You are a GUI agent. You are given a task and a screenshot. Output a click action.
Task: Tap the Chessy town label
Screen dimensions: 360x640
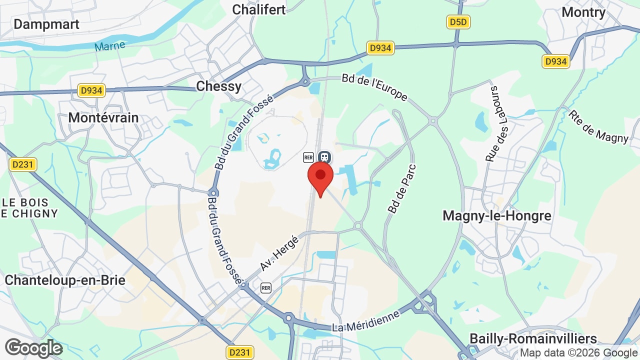pos(218,86)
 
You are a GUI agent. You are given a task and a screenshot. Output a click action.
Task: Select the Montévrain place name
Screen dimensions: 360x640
pos(103,117)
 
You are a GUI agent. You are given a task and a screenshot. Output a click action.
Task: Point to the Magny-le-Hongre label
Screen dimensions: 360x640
pos(497,215)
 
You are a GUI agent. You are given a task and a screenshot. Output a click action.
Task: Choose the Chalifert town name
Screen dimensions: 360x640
pos(259,9)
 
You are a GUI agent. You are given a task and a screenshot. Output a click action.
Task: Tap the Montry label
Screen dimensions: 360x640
pos(583,12)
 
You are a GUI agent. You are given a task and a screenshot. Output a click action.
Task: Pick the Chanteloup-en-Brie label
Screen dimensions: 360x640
pos(65,280)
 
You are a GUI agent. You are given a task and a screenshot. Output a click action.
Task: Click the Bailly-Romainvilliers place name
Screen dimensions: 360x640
pos(533,339)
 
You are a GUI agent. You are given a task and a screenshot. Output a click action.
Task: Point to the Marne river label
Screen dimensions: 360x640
pos(109,46)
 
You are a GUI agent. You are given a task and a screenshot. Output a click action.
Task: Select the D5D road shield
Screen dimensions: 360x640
pos(458,22)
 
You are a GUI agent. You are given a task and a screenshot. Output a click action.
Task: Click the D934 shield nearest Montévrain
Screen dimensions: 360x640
pos(91,90)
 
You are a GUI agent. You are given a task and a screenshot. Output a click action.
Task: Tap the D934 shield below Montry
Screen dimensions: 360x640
pos(555,61)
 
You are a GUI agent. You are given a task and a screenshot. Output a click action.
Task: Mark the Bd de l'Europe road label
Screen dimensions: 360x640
pos(375,87)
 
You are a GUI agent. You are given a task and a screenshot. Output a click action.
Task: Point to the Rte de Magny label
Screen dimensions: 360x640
pos(598,126)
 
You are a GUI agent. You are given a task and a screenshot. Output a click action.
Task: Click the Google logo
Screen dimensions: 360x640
pos(33,348)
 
